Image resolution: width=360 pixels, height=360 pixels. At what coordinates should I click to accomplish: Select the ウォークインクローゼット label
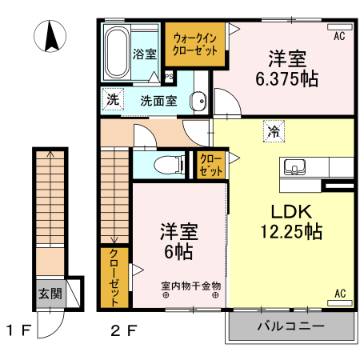pyautogui.click(x=196, y=43)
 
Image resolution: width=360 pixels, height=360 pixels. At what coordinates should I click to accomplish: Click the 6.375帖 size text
pyautogui.click(x=286, y=79)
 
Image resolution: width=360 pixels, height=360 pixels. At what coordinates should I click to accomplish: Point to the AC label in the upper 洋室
pyautogui.click(x=338, y=35)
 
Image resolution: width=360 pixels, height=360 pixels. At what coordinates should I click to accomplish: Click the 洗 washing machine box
pyautogui.click(x=113, y=100)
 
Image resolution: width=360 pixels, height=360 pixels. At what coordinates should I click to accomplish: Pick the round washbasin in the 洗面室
pyautogui.click(x=199, y=102)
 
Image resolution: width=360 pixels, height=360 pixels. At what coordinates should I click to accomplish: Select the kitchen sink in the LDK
pyautogui.click(x=294, y=167)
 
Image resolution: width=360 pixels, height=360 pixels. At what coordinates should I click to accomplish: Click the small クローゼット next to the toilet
pyautogui.click(x=211, y=166)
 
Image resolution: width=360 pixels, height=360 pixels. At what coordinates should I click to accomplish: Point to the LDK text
pyautogui.click(x=290, y=213)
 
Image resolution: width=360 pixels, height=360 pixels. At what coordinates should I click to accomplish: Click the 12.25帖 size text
pyautogui.click(x=290, y=233)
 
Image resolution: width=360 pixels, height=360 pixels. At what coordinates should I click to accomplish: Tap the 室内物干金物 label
pyautogui.click(x=190, y=285)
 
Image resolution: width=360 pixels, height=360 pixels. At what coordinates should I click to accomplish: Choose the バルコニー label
pyautogui.click(x=290, y=326)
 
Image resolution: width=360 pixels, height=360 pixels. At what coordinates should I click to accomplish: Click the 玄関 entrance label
pyautogui.click(x=50, y=294)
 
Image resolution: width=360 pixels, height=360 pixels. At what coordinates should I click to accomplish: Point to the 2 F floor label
pyautogui.click(x=124, y=329)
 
